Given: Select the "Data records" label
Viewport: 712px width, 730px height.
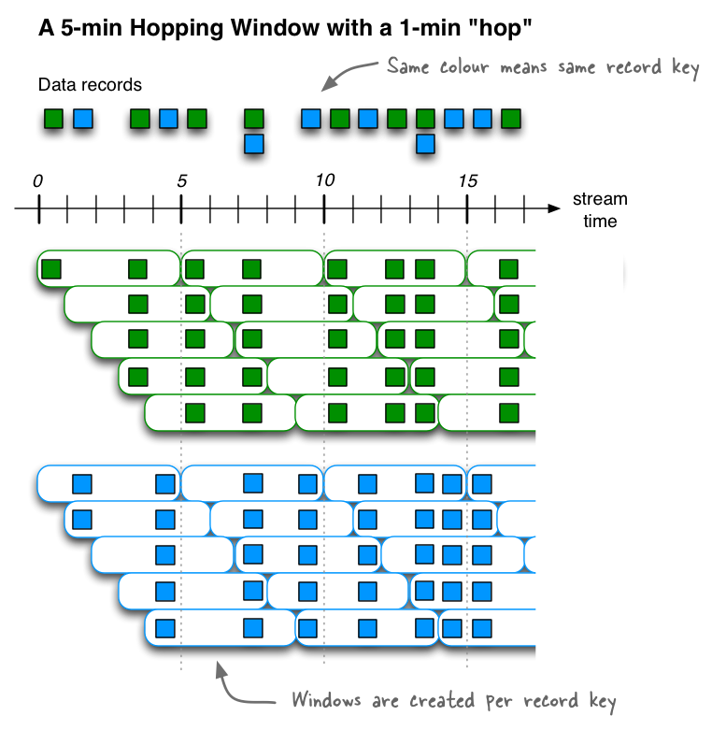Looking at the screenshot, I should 90,85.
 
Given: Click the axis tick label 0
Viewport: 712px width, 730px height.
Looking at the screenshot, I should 37,180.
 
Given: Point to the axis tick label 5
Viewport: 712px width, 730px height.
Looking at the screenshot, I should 181,180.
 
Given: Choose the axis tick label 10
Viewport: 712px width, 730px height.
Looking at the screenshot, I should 324,180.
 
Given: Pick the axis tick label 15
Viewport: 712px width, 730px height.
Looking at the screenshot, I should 468,180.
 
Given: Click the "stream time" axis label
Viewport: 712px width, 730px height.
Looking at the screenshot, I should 600,210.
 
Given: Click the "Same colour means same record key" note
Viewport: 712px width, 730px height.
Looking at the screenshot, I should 543,67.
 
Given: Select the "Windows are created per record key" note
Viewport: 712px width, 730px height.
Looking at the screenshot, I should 454,700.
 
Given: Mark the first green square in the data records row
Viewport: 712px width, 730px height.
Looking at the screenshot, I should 54,119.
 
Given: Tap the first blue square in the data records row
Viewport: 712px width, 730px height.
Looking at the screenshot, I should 83,119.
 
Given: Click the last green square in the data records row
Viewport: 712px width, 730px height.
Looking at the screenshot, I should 509,119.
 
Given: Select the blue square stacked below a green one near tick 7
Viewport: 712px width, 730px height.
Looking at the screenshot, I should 253,144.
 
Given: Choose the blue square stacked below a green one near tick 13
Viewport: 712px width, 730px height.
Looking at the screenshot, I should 425,144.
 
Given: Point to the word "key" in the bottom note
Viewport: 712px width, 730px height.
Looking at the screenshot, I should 598,700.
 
